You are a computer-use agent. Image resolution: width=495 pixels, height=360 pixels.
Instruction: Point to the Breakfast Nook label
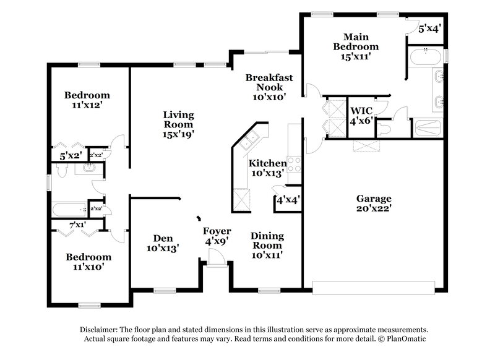pyautogui.click(x=269, y=87)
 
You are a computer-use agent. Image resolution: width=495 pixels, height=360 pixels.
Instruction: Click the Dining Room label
pyautogui.click(x=267, y=246)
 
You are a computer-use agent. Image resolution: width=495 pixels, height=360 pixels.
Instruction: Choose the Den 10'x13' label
pyautogui.click(x=163, y=243)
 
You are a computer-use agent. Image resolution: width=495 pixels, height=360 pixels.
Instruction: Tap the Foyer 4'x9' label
pyautogui.click(x=217, y=236)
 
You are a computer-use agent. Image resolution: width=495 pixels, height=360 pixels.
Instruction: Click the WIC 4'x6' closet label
pyautogui.click(x=361, y=116)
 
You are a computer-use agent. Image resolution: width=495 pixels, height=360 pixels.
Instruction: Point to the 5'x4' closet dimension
pyautogui.click(x=429, y=28)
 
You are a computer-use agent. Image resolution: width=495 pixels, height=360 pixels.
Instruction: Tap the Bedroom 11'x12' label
pyautogui.click(x=87, y=100)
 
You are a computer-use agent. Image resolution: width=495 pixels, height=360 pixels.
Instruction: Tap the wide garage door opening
pyautogui.click(x=377, y=287)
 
